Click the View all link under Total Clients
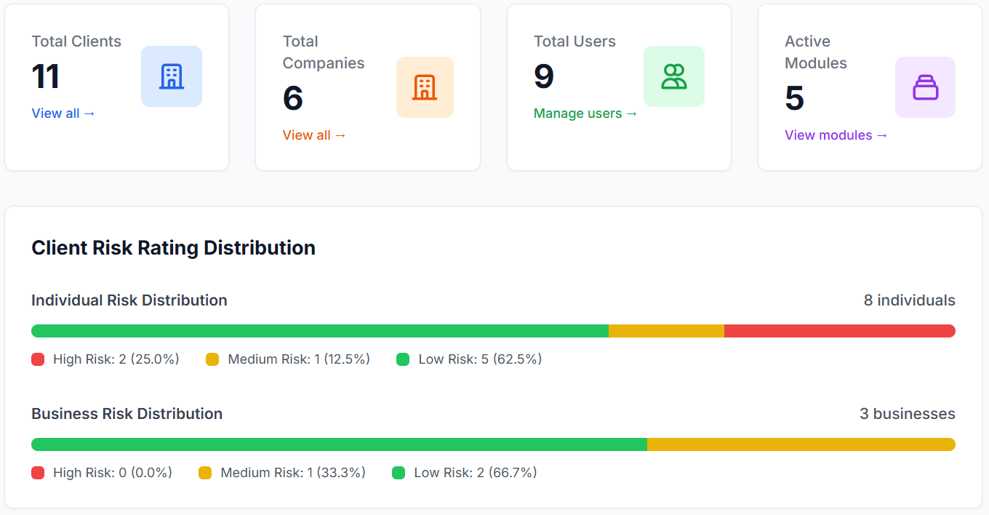click(63, 113)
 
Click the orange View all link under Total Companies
click(314, 135)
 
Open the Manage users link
click(585, 113)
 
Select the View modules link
click(836, 135)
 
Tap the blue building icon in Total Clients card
click(172, 76)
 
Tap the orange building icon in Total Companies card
click(425, 87)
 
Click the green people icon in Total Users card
click(674, 76)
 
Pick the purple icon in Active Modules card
click(925, 87)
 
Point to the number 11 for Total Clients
click(45, 76)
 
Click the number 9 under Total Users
click(544, 76)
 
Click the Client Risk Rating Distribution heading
click(173, 248)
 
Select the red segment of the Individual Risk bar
click(839, 331)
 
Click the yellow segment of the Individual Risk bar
click(666, 331)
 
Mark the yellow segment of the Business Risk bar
click(801, 444)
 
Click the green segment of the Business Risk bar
click(339, 444)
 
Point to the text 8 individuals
click(909, 300)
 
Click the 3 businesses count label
click(907, 414)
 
